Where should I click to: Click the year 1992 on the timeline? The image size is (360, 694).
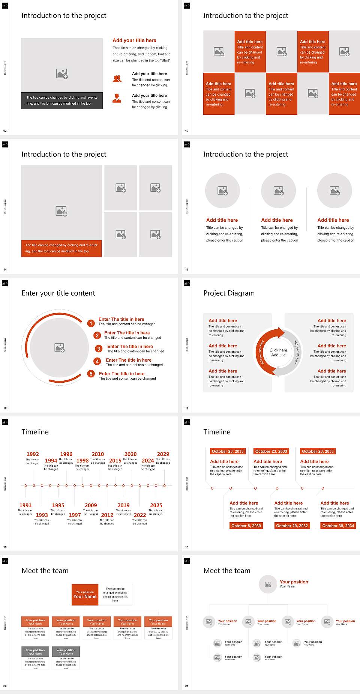point(33,454)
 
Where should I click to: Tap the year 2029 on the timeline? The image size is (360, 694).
point(163,454)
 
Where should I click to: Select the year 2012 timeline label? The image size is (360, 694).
point(107,515)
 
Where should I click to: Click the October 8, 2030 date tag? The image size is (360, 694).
point(246,526)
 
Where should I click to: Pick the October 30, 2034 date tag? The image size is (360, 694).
point(338,526)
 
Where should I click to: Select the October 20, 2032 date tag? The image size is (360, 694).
point(292,526)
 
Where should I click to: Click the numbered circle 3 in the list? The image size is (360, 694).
point(99,349)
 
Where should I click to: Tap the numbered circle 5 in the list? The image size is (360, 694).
point(91,374)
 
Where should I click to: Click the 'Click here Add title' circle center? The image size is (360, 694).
point(278,352)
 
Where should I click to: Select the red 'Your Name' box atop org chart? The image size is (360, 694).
point(85,595)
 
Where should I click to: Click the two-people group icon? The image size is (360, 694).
point(117,78)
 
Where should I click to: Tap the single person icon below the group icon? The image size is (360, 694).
point(117,98)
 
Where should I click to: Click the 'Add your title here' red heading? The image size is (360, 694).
point(134,40)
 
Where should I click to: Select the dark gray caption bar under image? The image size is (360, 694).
point(62,101)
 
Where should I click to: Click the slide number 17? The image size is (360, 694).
point(187,408)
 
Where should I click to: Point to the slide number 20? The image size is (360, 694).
point(5,686)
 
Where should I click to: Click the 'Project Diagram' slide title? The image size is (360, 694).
point(229,293)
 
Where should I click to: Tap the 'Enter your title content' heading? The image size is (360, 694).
point(58,293)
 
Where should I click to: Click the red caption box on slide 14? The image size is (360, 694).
point(61,248)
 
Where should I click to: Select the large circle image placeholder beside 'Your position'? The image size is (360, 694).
point(268,584)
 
